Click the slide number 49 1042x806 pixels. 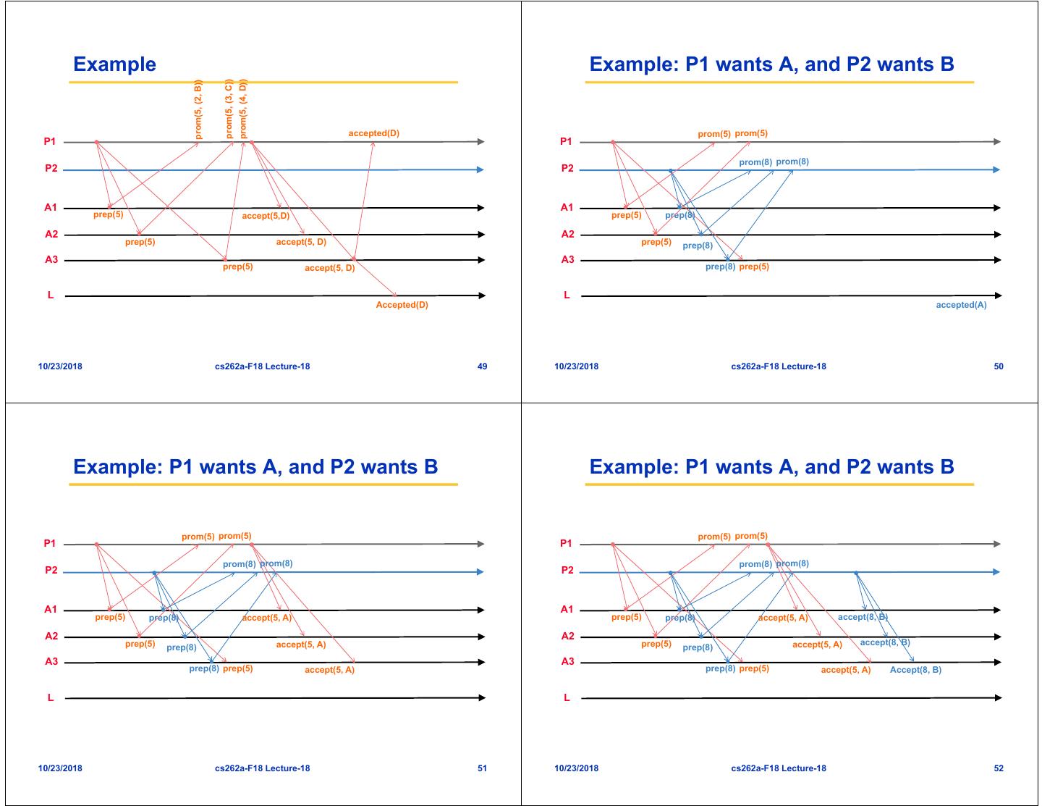(482, 366)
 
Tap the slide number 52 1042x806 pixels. (999, 768)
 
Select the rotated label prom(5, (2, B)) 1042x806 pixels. (199, 109)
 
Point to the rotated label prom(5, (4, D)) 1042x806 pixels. (243, 109)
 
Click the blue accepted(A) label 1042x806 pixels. (961, 305)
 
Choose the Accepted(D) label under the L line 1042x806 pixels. (402, 305)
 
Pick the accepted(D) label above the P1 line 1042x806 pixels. (373, 133)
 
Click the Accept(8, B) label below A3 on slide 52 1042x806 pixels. (915, 670)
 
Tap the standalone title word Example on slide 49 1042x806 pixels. (114, 64)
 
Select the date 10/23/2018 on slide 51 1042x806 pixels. (60, 768)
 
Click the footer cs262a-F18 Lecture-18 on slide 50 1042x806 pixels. (778, 366)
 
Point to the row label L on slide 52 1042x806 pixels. (567, 697)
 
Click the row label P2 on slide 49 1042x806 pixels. (51, 169)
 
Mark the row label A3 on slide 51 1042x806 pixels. (51, 661)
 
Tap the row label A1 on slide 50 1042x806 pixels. (567, 207)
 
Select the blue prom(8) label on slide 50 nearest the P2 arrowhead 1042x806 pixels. (792, 161)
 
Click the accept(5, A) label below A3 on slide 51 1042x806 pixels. (329, 670)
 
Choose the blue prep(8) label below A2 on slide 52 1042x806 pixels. (698, 647)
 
